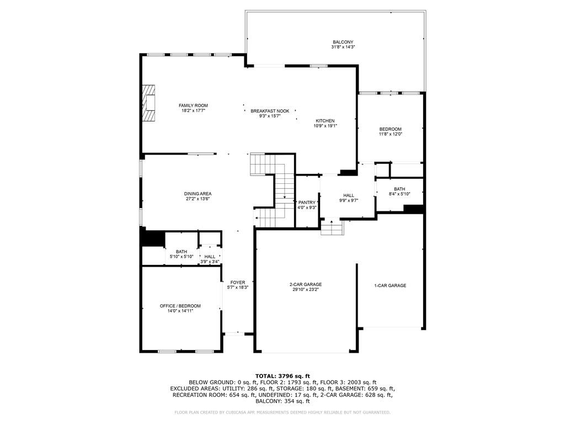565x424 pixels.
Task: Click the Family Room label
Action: pyautogui.click(x=194, y=105)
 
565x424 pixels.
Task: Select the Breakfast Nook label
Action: pyautogui.click(x=270, y=111)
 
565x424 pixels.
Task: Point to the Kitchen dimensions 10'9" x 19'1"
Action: pyautogui.click(x=325, y=126)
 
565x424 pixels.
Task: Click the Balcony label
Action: pyautogui.click(x=343, y=42)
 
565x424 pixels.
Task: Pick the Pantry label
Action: pyautogui.click(x=307, y=203)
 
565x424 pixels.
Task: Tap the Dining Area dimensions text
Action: pyautogui.click(x=198, y=199)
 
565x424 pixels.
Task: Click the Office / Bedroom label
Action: pyautogui.click(x=180, y=306)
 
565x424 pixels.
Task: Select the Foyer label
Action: pyautogui.click(x=238, y=283)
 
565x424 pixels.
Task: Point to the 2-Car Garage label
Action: pyautogui.click(x=306, y=284)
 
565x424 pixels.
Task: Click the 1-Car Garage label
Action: pyautogui.click(x=390, y=285)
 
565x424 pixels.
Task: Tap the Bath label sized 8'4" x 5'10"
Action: pyautogui.click(x=399, y=189)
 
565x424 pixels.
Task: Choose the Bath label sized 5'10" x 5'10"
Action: pyautogui.click(x=182, y=252)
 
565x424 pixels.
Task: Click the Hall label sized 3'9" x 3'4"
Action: pyautogui.click(x=210, y=257)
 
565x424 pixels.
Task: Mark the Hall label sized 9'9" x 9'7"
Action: pyautogui.click(x=349, y=195)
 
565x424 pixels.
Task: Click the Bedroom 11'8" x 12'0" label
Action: pyautogui.click(x=390, y=129)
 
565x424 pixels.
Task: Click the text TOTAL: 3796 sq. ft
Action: pyautogui.click(x=282, y=376)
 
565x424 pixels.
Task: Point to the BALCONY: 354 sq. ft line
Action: pyautogui.click(x=282, y=401)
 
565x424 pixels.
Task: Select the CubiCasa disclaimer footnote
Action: pyautogui.click(x=282, y=412)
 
